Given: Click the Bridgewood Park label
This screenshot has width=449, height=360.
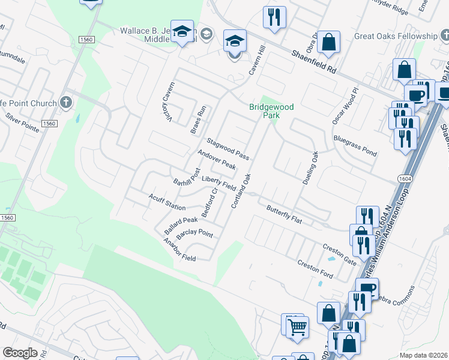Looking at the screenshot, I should coord(271,111).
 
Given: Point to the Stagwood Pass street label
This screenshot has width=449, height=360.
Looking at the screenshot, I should coord(228,149).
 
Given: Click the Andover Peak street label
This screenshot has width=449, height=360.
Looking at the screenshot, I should coord(217,160).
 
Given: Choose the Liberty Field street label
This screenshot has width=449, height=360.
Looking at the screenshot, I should coord(218,182).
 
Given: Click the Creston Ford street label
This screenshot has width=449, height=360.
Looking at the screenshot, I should coord(315,268).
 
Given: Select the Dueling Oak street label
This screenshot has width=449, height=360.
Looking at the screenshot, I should coord(309,167).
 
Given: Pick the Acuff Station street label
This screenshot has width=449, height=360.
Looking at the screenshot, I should coord(167,202).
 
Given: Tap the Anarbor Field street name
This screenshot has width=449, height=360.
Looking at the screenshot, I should coord(179,250).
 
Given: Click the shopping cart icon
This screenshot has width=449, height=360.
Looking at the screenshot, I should coord(297,328).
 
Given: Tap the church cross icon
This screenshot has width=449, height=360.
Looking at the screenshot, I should coord(66,103).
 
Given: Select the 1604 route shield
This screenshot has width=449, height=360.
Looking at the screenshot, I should coord(404,179).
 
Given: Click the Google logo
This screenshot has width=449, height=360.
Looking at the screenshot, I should coord(20,353).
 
